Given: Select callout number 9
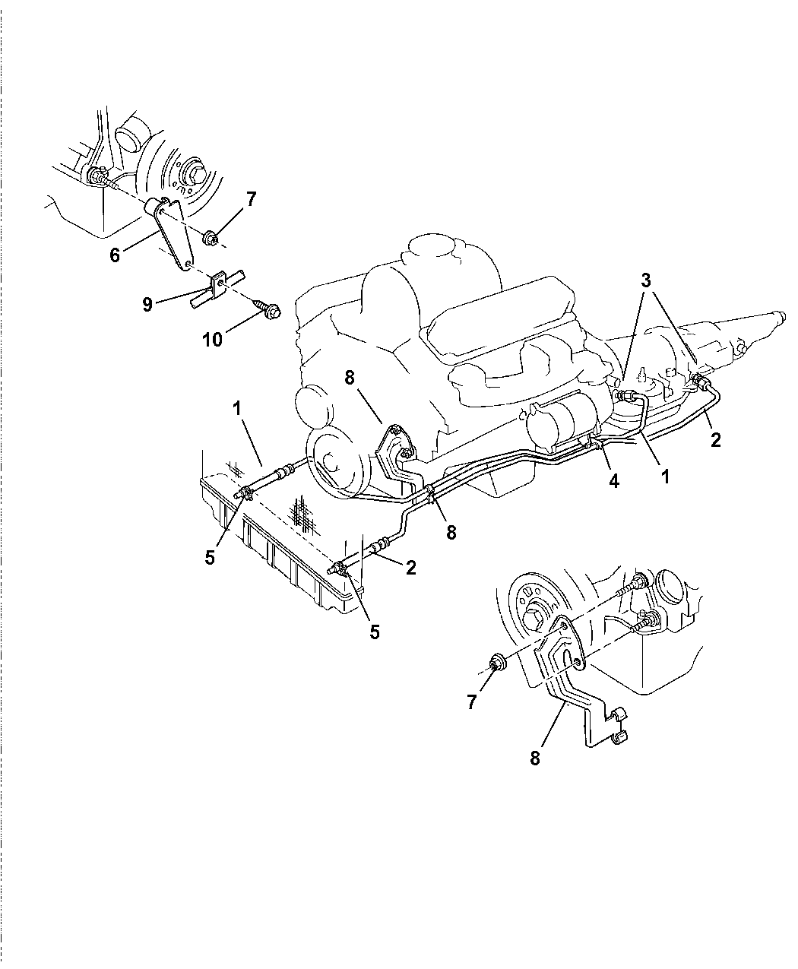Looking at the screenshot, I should (x=147, y=304).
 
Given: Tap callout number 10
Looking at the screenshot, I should (x=212, y=340).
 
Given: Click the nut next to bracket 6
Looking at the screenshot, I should (x=213, y=240).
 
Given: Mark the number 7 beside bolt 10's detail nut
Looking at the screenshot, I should (x=250, y=200).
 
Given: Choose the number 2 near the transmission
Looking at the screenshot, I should (x=715, y=439).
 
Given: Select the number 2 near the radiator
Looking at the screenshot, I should (x=411, y=567).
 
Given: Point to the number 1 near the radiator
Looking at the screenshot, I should (x=237, y=408).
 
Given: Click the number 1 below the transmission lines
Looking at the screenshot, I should (x=665, y=477).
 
